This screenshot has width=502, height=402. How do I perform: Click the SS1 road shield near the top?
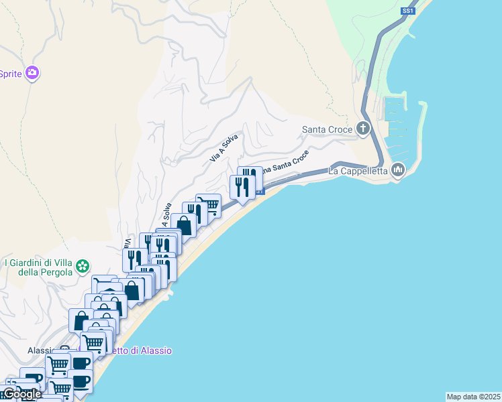click(407, 11)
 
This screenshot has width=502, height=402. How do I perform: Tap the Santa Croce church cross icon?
click(363, 128)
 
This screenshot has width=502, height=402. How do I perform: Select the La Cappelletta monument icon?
click(398, 170)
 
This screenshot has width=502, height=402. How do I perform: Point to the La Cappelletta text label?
click(358, 171)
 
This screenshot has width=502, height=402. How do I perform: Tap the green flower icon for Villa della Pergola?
click(83, 267)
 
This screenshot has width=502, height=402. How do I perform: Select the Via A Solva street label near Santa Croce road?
click(224, 147)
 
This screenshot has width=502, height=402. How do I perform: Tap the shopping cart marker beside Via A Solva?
click(209, 204)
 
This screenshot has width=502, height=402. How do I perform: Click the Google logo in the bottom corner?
click(21, 395)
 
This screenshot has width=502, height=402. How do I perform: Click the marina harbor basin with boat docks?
click(403, 124)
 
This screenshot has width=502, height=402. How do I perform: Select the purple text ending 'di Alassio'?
click(141, 350)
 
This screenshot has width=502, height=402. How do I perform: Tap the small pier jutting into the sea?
click(168, 293)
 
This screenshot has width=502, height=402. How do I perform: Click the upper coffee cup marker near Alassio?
click(81, 362)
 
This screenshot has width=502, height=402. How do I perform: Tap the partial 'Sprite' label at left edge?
click(11, 74)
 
